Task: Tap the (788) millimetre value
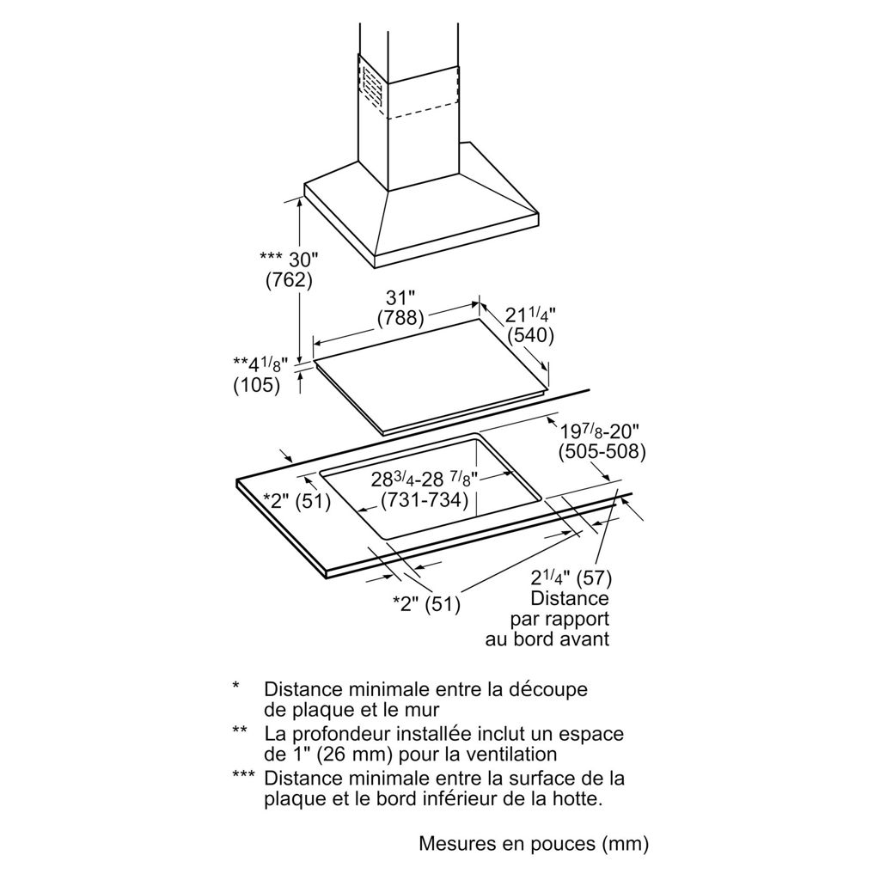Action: [x=400, y=318]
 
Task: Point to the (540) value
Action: [x=530, y=335]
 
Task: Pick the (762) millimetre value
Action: [x=289, y=280]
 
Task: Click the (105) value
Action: [x=257, y=387]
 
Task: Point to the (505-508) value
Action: [x=602, y=452]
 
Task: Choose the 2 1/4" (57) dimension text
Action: [x=570, y=577]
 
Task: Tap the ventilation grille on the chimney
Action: [x=371, y=87]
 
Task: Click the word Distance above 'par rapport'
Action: [x=569, y=598]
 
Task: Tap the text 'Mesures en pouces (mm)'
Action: [x=533, y=843]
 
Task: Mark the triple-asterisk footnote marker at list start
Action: [x=244, y=777]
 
